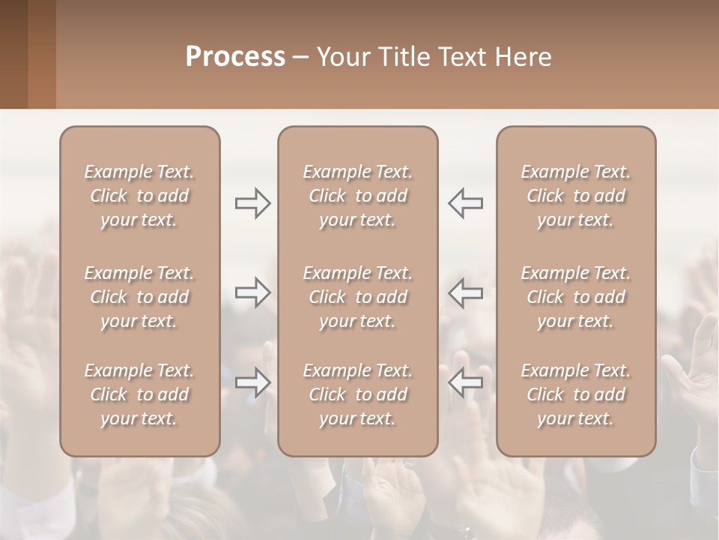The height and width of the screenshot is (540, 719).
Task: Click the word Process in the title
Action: [235, 57]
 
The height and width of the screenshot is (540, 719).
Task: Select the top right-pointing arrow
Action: [252, 203]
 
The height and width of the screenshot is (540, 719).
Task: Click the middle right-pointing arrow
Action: [252, 292]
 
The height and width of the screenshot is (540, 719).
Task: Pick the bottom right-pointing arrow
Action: [252, 382]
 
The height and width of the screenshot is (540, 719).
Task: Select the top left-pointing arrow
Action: [466, 203]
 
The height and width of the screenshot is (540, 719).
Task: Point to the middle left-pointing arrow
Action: [466, 292]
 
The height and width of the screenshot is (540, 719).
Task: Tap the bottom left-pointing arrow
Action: [466, 382]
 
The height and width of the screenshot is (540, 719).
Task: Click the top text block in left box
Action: [139, 196]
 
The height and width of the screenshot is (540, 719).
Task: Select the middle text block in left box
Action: [139, 297]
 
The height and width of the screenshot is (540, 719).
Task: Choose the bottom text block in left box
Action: [139, 394]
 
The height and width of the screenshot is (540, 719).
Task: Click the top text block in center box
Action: [357, 196]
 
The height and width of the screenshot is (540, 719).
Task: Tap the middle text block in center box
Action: [357, 297]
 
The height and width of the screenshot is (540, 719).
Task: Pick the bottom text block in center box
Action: [357, 394]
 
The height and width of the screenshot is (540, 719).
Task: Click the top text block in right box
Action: [575, 196]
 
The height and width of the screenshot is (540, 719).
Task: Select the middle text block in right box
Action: [575, 297]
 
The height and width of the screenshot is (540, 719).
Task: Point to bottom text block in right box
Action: [575, 394]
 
